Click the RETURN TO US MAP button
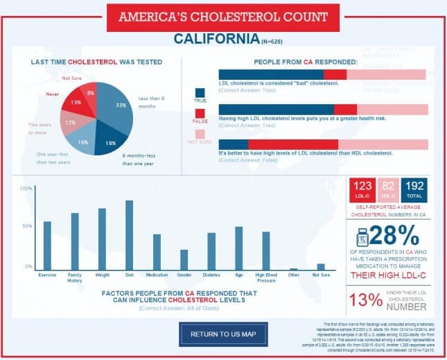pyautogui.click(x=224, y=334)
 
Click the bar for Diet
pyautogui.click(x=129, y=234)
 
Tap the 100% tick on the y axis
pyautogui.click(x=26, y=188)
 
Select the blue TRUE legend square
pyautogui.click(x=200, y=92)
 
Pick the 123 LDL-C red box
pyautogui.click(x=360, y=189)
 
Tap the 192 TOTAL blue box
pyautogui.click(x=414, y=189)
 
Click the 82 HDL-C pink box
pyautogui.click(x=387, y=189)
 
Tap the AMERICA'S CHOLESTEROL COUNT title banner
pyautogui.click(x=223, y=17)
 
